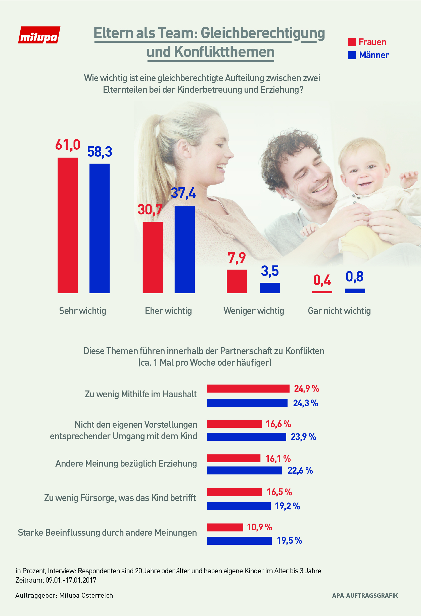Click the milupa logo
39,35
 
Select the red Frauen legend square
352,42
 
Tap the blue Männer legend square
352,55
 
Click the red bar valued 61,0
68,225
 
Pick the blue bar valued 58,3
100,228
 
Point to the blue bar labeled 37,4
185,249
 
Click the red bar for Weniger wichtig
237,281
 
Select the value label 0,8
354,277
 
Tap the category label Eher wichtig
168,311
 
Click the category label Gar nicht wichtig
339,311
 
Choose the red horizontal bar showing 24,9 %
248,388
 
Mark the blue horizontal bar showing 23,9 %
247,436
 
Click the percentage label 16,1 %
278,459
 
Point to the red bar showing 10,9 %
225,527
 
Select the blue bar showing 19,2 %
239,506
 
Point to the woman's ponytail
151,148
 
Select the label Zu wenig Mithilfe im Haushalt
141,394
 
